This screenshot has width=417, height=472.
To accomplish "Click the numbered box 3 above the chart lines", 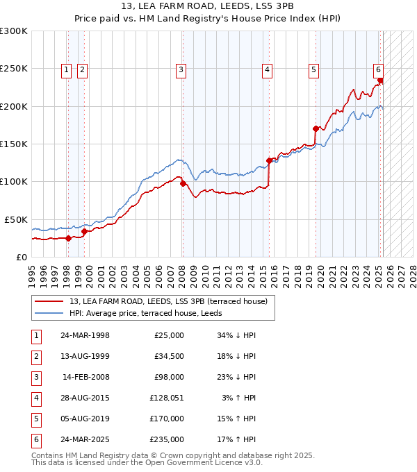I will (x=181, y=69).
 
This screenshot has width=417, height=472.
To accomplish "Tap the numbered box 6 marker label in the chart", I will (x=378, y=69).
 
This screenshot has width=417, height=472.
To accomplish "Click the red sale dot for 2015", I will (x=269, y=160).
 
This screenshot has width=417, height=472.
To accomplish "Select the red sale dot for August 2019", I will (x=316, y=128).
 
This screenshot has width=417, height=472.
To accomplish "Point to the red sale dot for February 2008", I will (x=183, y=183).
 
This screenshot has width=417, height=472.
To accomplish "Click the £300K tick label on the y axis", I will (x=14, y=31).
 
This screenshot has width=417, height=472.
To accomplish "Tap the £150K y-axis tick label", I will (x=14, y=144).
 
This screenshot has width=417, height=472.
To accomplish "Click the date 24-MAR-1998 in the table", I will (x=85, y=335).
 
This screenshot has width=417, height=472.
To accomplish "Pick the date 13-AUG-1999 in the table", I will (x=85, y=356).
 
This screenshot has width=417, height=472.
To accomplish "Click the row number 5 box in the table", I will (x=35, y=419).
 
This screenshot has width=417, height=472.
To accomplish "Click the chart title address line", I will (x=208, y=7).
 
